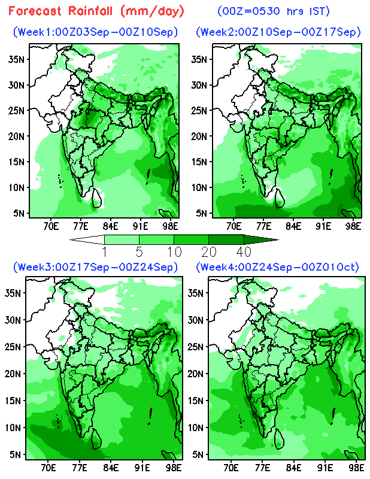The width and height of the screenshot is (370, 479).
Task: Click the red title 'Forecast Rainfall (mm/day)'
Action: tap(96, 11)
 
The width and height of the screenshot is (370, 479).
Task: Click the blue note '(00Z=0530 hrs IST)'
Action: tap(274, 11)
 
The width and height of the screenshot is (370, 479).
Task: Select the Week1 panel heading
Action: tap(95, 32)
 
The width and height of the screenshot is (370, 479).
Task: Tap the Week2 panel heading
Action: tap(278, 32)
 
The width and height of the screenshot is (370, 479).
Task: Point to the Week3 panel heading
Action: tap(95, 267)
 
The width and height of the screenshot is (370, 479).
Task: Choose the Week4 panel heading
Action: tap(277, 267)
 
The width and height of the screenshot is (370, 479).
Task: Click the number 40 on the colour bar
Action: tap(244, 252)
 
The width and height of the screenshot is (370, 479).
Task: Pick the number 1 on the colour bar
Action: tap(105, 252)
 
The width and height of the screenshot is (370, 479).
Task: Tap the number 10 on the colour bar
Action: tap(174, 252)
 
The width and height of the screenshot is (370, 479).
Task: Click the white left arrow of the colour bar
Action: tap(87, 239)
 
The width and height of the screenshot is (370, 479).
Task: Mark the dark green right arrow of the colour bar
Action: tap(261, 239)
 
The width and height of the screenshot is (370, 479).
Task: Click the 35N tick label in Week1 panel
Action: tap(16, 59)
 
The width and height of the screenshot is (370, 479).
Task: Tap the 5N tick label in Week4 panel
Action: tap(198, 454)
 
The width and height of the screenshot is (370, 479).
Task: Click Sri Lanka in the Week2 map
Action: tap(280, 198)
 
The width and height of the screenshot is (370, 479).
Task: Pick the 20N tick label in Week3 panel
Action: tap(13, 374)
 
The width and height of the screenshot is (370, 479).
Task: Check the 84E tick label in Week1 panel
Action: tap(110, 226)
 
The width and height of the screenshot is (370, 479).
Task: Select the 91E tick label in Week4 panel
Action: tap(324, 468)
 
